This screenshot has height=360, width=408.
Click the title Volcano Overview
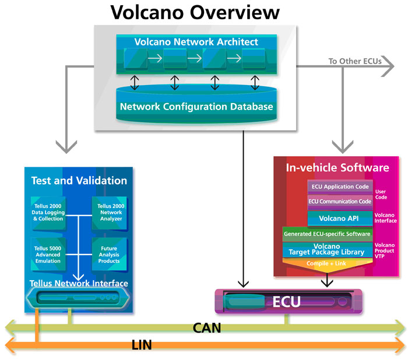pos(195,12)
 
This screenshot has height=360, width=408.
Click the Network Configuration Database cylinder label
pos(196,107)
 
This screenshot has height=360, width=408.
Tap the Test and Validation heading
pos(79,181)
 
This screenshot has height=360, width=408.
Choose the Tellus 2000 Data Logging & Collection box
pos(47,213)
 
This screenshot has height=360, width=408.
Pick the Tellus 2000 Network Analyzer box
pos(109,213)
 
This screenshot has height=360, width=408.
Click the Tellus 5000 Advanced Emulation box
pos(47,253)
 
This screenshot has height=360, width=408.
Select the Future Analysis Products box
pos(109,253)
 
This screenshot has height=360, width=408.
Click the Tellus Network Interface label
pos(79,284)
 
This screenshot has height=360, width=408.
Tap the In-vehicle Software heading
pos(337,168)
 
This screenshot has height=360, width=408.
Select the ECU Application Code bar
pos(340,187)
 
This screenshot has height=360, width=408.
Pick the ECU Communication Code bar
pos(340,202)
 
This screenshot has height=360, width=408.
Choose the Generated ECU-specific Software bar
pos(327,234)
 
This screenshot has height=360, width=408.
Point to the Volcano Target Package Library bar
pos(327,249)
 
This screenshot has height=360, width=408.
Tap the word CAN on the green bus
pos(207,328)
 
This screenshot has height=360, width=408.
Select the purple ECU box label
pos(286,302)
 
